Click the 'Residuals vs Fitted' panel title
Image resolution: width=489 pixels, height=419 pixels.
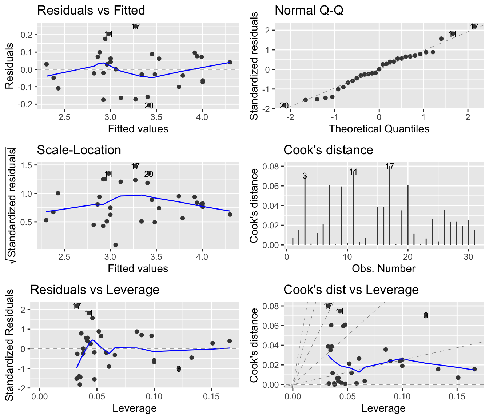[91, 10]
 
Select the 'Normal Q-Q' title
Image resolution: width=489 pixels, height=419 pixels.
[309, 10]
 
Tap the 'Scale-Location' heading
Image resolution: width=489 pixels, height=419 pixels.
[79, 150]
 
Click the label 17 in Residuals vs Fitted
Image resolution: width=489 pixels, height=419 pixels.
[136, 27]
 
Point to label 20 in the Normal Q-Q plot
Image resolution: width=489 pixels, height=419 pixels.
[284, 106]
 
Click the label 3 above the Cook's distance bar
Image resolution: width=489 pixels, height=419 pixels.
[305, 176]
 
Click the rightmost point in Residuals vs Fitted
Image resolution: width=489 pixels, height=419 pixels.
[230, 62]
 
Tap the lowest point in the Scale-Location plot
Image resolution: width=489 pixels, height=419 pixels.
[115, 245]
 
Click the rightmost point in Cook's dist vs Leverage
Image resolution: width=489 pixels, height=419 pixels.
[474, 369]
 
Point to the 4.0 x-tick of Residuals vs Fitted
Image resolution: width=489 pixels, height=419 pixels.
[202, 117]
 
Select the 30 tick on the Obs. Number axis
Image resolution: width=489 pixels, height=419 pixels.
[469, 257]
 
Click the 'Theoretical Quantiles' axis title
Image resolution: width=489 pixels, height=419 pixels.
[379, 129]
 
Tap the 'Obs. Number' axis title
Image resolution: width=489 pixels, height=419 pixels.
[383, 268]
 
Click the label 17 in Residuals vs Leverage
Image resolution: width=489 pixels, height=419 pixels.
[76, 306]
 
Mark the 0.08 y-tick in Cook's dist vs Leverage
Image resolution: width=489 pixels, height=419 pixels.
[271, 306]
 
